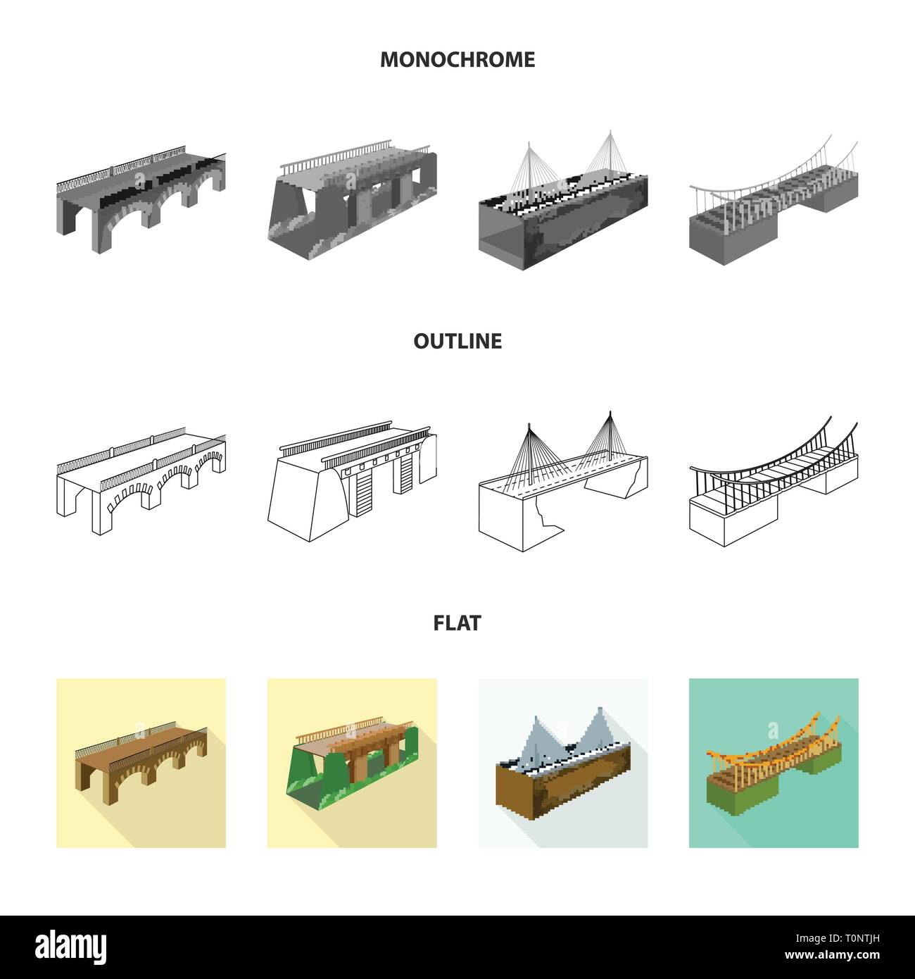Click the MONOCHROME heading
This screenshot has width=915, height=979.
[x=458, y=60]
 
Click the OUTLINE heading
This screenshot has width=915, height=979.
[x=458, y=342]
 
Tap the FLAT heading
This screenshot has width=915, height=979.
[x=458, y=623]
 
